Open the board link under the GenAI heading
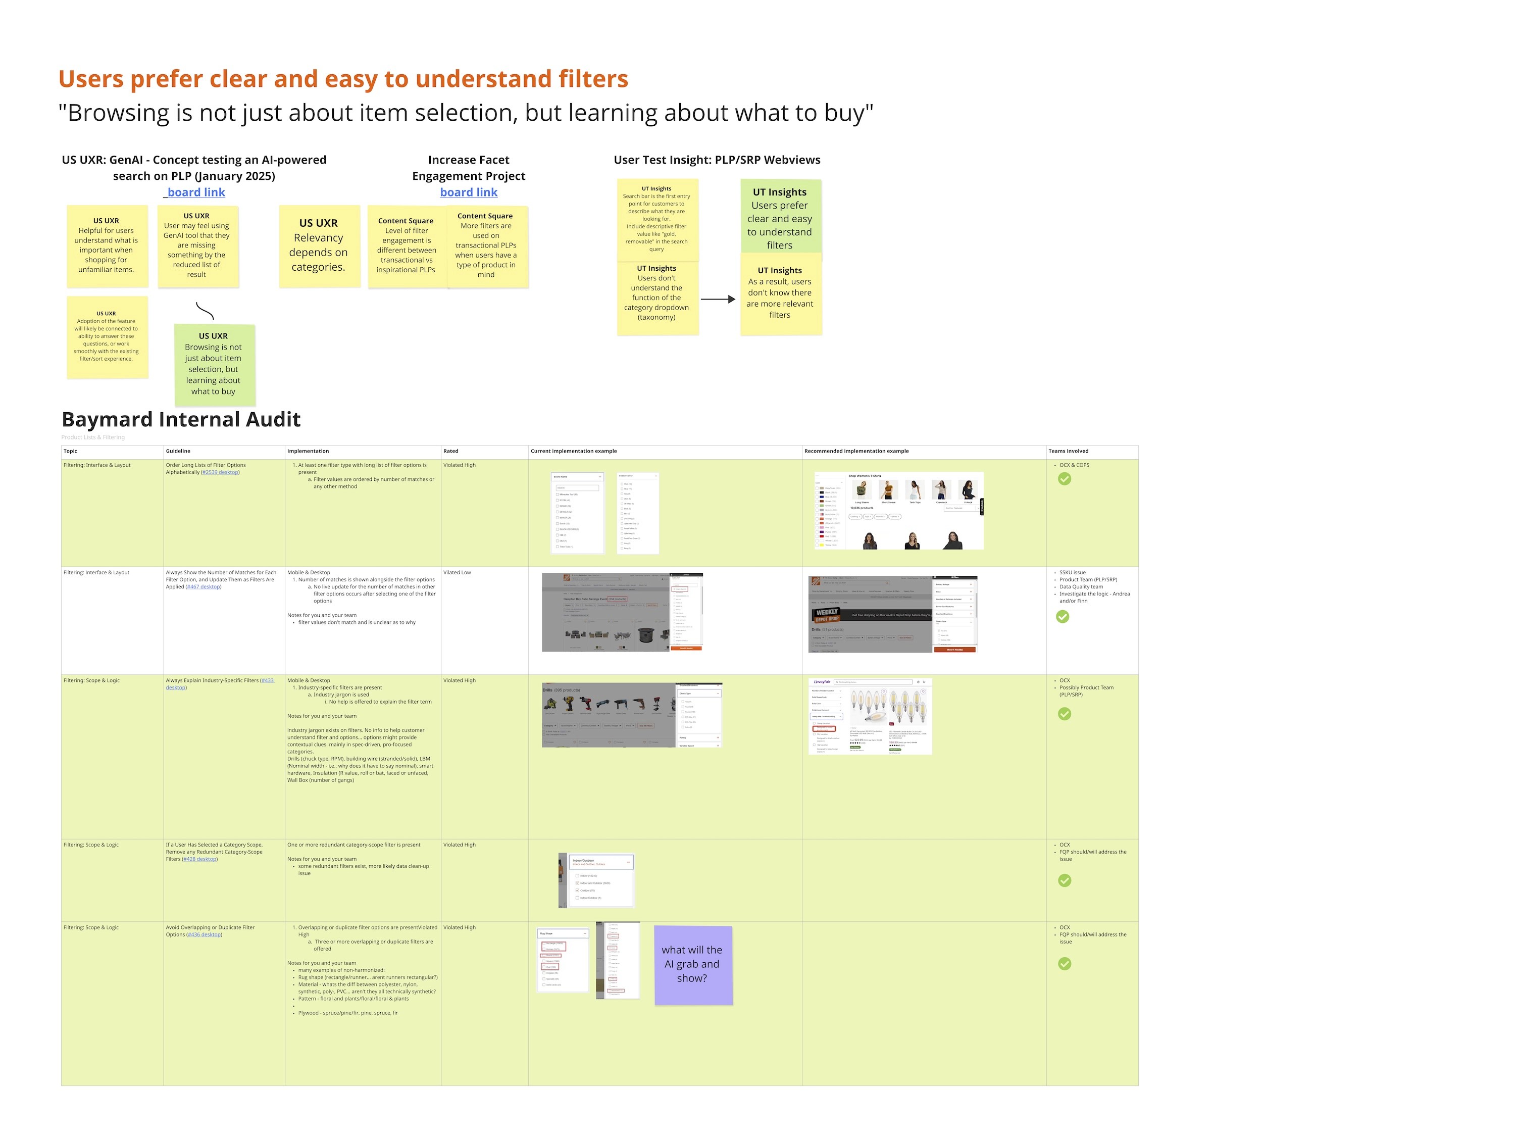click(x=196, y=192)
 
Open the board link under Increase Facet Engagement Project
click(x=469, y=192)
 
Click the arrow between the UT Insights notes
click(x=717, y=300)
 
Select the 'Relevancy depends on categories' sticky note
click(x=319, y=245)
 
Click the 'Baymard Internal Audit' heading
click(x=181, y=419)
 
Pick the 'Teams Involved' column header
click(x=1068, y=451)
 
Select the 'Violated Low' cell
click(x=458, y=572)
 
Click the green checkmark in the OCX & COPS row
click(x=1065, y=479)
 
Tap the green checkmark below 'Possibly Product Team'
click(x=1065, y=714)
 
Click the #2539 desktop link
click(x=220, y=472)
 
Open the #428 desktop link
click(x=200, y=859)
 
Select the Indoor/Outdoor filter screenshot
click(x=596, y=880)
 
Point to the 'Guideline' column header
click(x=178, y=451)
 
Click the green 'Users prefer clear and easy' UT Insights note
click(x=780, y=218)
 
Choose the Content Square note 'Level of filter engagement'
click(x=406, y=245)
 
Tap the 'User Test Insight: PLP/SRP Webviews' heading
click(x=717, y=160)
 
